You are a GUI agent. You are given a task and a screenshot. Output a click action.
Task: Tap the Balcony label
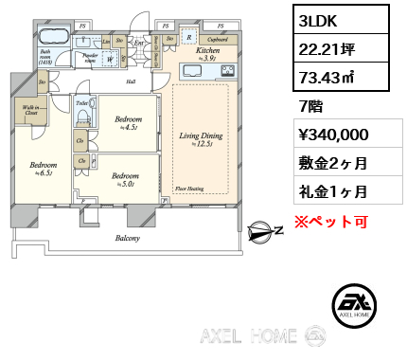128,239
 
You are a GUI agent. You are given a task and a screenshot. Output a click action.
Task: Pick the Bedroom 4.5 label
128,121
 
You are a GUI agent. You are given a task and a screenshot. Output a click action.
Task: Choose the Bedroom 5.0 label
125,177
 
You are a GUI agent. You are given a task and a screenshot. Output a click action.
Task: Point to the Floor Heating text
189,189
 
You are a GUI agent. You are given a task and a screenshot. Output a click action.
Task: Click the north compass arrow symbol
258,230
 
